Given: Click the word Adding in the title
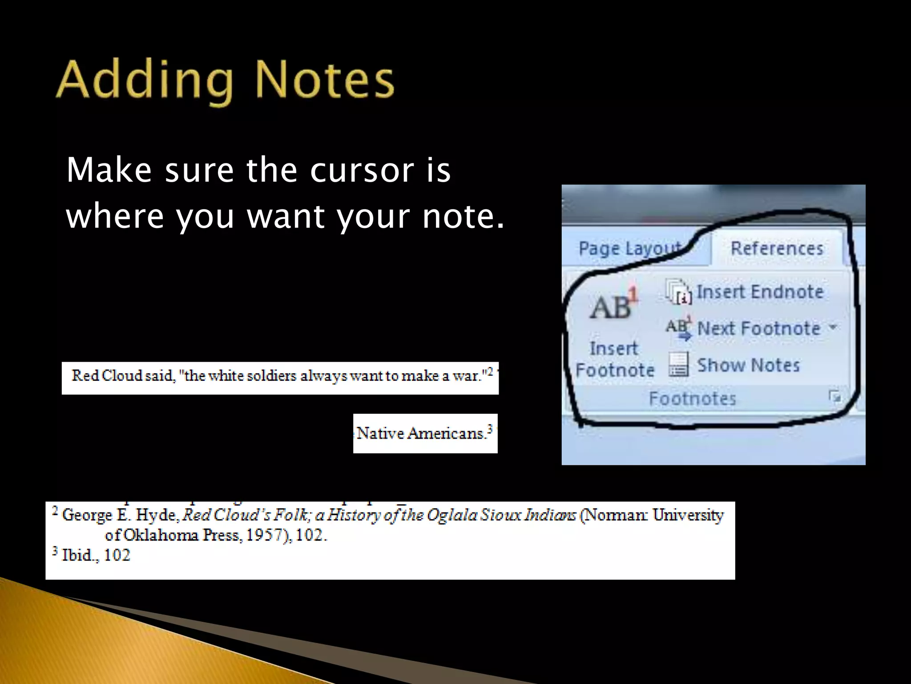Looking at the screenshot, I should tap(145, 80).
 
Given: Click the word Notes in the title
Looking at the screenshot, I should tap(324, 80).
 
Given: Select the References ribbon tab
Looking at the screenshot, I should tap(777, 248).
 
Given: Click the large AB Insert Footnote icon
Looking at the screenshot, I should tap(613, 305).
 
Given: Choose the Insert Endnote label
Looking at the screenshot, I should tap(760, 292).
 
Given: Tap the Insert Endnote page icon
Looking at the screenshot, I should tap(678, 292).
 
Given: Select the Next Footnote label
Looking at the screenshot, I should tap(758, 329).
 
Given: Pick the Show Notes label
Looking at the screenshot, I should tap(748, 365).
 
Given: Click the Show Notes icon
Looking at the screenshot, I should tap(678, 365).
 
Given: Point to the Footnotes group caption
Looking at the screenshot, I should tap(692, 398).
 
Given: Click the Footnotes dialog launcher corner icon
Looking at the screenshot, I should tap(834, 396).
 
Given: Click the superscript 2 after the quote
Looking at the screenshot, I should tap(489, 371).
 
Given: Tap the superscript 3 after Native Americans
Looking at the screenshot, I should tap(490, 428).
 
